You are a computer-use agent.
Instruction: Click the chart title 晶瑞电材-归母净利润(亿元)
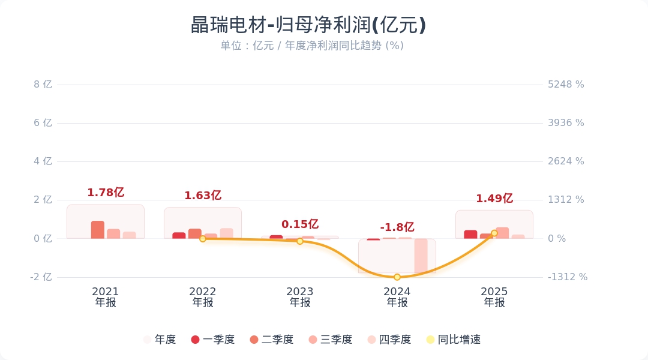coord(308,25)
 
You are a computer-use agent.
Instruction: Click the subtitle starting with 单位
coord(311,46)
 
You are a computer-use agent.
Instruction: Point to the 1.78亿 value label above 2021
coord(106,193)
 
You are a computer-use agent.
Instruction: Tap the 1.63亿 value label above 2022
coord(203,196)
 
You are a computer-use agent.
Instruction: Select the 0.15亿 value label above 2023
coord(300,224)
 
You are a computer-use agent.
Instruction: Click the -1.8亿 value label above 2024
coord(397,227)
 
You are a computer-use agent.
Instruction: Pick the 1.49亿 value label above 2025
coord(494,199)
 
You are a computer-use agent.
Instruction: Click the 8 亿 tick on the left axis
coord(43,85)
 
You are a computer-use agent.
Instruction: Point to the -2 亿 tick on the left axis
coord(41,277)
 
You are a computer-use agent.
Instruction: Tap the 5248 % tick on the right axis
coord(566,85)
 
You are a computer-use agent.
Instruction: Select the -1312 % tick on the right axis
coord(568,277)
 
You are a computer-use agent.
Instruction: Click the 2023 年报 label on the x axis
coord(300,297)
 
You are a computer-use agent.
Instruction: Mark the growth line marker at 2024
coord(397,277)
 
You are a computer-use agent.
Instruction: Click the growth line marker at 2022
coord(203,239)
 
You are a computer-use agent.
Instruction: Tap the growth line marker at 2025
coord(494,233)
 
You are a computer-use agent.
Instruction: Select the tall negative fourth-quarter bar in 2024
coord(421,256)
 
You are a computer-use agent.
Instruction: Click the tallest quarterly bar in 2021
coord(98,230)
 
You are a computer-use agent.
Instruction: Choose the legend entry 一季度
coord(212,340)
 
